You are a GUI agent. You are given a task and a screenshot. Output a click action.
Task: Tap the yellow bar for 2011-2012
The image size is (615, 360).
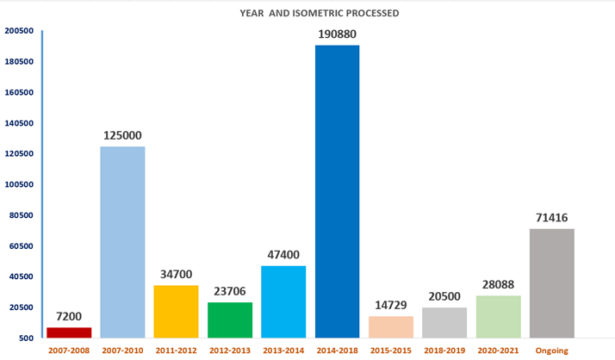[176, 311]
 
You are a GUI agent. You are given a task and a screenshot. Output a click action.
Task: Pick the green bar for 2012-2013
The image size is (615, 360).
[230, 320]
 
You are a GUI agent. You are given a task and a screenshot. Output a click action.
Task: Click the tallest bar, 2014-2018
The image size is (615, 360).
[337, 190]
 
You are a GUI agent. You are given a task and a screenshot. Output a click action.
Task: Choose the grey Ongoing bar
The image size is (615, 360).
[551, 282]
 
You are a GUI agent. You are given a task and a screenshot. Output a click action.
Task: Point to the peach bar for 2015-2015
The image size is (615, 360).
[391, 326]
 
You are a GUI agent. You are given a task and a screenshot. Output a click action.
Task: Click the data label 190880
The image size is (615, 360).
[336, 34]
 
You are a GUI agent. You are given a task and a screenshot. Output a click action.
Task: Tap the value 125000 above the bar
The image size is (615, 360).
[122, 135]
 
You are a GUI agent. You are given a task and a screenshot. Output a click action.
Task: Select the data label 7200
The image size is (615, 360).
[69, 316]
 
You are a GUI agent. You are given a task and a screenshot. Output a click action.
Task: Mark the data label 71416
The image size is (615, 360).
[551, 218]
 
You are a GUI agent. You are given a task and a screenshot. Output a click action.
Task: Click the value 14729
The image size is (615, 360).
[391, 305]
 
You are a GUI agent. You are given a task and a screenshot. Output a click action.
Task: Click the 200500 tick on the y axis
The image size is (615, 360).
[19, 31]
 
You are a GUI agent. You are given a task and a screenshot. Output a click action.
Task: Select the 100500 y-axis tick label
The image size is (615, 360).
[19, 184]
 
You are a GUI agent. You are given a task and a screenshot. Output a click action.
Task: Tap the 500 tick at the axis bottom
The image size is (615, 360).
[25, 338]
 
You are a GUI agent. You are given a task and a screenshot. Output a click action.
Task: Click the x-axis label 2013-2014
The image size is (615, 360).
[283, 351]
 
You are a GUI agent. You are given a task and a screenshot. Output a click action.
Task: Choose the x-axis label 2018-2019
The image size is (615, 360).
[444, 351]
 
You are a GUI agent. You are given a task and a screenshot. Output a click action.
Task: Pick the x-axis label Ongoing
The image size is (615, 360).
[551, 351]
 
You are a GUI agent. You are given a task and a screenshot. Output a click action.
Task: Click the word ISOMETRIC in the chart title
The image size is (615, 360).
[325, 13]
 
